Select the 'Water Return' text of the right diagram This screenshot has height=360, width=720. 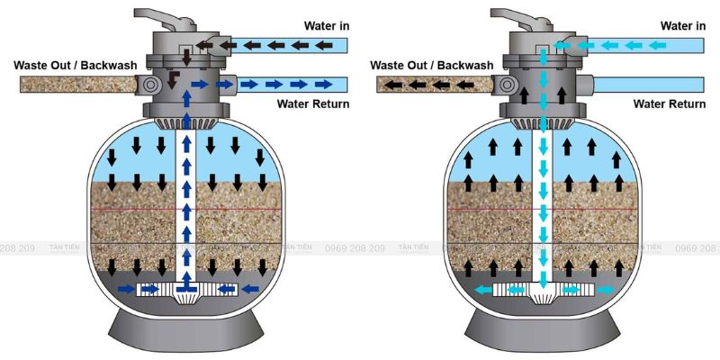[669, 104]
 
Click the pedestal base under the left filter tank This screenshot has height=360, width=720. [185, 333]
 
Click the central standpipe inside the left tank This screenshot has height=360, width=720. [185, 207]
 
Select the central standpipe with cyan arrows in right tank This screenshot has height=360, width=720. [544, 207]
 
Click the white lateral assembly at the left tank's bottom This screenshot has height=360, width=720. [185, 291]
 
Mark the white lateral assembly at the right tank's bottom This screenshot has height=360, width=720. [544, 291]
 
